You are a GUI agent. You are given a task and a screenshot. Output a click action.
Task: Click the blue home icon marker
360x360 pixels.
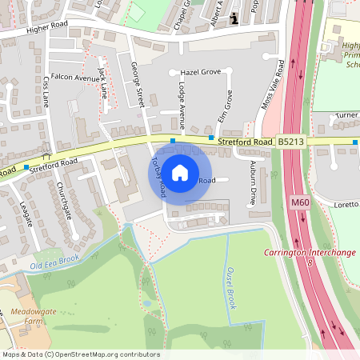coord(180,172)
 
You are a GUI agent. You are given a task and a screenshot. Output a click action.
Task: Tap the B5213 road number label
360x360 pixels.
coord(291,142)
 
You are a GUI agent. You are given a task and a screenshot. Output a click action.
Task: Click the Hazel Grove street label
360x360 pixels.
coord(199,72)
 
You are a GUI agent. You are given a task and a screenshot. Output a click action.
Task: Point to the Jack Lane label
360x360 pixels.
coord(102,83)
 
